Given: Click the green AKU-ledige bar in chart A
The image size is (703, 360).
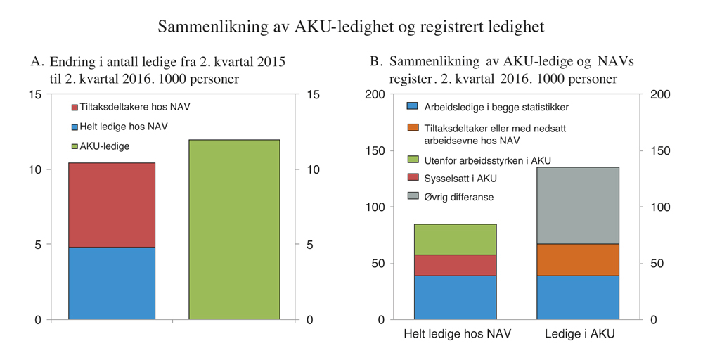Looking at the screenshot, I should pyautogui.click(x=234, y=229).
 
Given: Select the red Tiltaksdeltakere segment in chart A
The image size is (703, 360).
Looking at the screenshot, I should pyautogui.click(x=111, y=205).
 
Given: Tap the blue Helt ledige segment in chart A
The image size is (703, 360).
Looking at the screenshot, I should pyautogui.click(x=111, y=283).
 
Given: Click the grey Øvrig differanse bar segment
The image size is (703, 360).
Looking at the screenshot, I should pyautogui.click(x=579, y=205).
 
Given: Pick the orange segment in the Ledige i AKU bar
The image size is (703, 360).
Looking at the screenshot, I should pyautogui.click(x=579, y=259).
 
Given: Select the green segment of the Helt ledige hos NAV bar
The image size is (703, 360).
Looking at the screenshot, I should pyautogui.click(x=455, y=239).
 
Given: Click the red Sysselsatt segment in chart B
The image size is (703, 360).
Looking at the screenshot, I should pyautogui.click(x=455, y=265).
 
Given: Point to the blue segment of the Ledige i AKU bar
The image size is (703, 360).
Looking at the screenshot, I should pyautogui.click(x=579, y=297).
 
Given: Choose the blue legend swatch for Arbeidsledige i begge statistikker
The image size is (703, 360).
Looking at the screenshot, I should pyautogui.click(x=413, y=107).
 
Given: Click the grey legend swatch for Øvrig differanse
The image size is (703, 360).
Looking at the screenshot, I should pyautogui.click(x=413, y=197).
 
